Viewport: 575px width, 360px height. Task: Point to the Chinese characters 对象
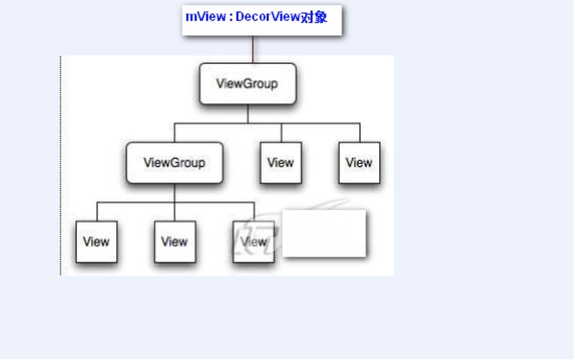(314, 17)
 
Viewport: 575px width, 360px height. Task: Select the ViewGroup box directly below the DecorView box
(247, 84)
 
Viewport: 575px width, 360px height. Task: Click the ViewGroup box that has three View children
(174, 163)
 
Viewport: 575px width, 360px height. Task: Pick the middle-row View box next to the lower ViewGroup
(281, 163)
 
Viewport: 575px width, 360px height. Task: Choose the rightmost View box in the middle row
(359, 163)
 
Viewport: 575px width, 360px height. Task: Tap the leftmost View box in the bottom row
(96, 242)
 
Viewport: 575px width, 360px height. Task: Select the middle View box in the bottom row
(175, 242)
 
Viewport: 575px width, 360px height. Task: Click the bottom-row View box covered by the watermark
(254, 242)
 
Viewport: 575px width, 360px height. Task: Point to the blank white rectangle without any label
(324, 233)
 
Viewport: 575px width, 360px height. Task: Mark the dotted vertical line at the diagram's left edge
(61, 166)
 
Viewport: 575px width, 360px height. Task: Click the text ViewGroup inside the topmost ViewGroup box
(247, 84)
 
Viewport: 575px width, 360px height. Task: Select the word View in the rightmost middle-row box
(359, 163)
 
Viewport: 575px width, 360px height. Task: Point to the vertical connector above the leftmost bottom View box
(96, 212)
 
